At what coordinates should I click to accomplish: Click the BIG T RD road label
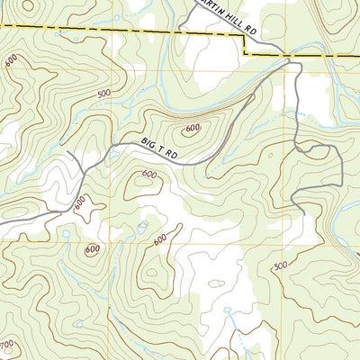click(x=162, y=149)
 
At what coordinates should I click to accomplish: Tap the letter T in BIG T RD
click(x=163, y=149)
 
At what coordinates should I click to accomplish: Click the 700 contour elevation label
click(x=6, y=346)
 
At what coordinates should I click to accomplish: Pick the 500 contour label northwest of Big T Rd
click(x=103, y=93)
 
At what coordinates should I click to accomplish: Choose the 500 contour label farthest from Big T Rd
click(x=280, y=265)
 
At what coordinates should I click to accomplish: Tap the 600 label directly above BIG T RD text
click(x=192, y=129)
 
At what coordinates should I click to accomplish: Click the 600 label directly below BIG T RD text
click(x=149, y=175)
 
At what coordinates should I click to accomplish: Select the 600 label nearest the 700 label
click(x=92, y=249)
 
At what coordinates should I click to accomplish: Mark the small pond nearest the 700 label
click(x=79, y=322)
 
